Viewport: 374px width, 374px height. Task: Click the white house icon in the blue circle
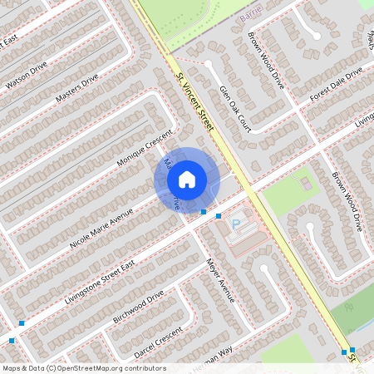pos(187,179)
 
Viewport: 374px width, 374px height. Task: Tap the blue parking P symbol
pos(236,223)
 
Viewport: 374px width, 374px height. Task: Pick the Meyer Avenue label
pos(220,280)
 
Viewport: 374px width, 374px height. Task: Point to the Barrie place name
pos(249,17)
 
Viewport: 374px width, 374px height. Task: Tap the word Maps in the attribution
pos(11,368)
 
